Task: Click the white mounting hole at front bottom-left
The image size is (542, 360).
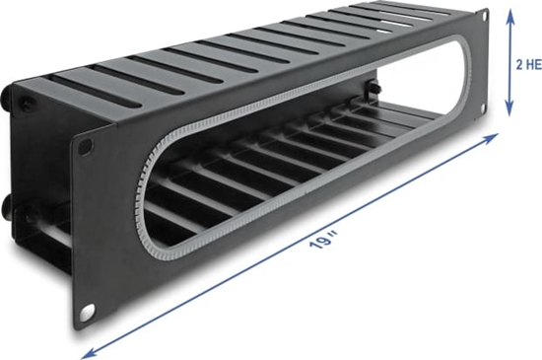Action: click(x=87, y=314)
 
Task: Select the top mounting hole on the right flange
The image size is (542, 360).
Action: click(x=482, y=14)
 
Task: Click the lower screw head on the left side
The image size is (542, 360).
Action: click(x=7, y=209)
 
